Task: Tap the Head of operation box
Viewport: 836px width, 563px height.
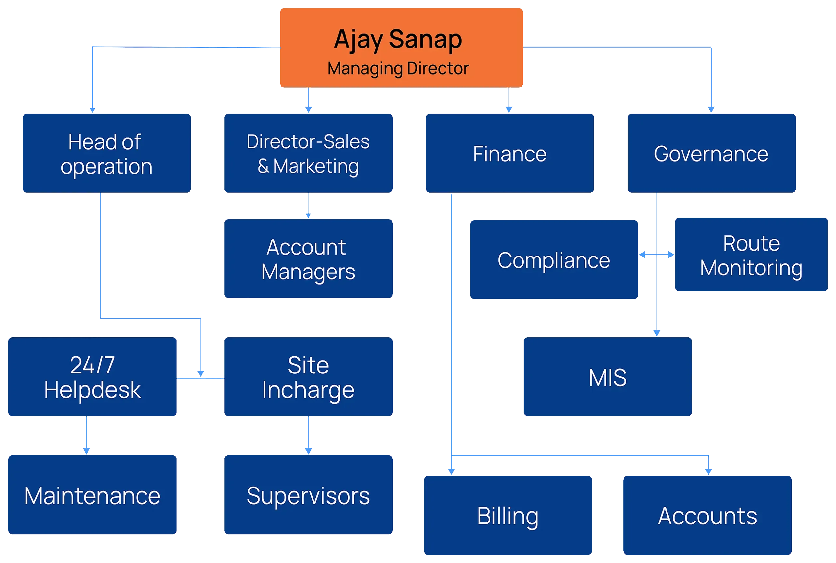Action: pyautogui.click(x=106, y=153)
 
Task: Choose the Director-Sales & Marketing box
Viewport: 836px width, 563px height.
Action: pyautogui.click(x=309, y=153)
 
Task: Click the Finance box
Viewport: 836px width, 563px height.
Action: pyautogui.click(x=510, y=153)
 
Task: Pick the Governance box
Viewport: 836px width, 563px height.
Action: pyautogui.click(x=712, y=153)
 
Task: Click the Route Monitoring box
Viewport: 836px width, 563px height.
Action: pyautogui.click(x=751, y=255)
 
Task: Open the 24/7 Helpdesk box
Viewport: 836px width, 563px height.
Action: pyautogui.click(x=92, y=377)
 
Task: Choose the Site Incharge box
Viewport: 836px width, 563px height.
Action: pyautogui.click(x=309, y=377)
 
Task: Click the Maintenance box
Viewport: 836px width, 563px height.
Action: pyautogui.click(x=92, y=495)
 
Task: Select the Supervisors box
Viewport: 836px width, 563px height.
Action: pyautogui.click(x=309, y=495)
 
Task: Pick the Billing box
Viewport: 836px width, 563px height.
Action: pyautogui.click(x=508, y=516)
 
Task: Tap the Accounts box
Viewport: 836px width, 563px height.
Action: pyautogui.click(x=707, y=516)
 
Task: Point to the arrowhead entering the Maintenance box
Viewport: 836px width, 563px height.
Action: pyautogui.click(x=86, y=451)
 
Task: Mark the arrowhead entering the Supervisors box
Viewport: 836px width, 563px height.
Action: pyautogui.click(x=309, y=451)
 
